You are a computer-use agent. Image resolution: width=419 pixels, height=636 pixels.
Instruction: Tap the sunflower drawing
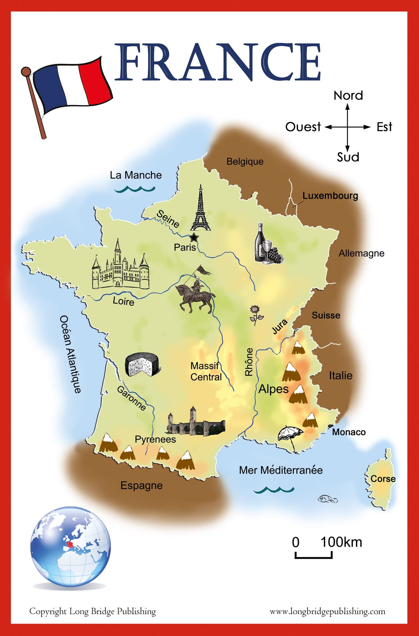tap(256, 315)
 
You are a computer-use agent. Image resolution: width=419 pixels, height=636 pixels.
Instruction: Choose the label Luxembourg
tap(330, 196)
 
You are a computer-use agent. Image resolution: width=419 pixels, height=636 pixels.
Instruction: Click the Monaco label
tap(349, 432)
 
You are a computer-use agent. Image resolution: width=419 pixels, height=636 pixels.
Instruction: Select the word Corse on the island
tap(383, 479)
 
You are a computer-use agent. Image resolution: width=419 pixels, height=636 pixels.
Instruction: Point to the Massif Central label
tap(206, 371)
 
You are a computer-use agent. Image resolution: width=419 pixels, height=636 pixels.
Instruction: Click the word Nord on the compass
tap(348, 96)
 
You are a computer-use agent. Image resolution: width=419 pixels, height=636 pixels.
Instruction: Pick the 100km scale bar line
tap(313, 556)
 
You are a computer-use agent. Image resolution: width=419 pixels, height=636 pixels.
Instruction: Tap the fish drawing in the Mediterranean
tap(327, 499)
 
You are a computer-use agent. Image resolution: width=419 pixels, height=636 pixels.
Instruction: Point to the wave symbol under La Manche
tap(135, 189)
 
